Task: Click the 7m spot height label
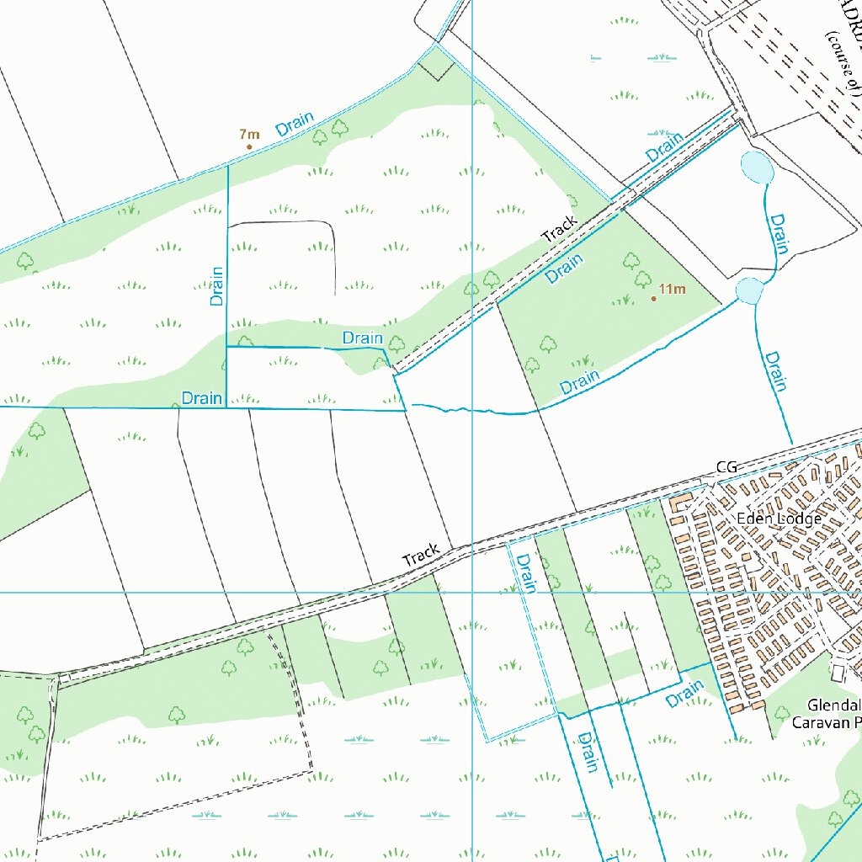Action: point(249,134)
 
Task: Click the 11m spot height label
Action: point(672,290)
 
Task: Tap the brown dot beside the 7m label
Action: point(249,147)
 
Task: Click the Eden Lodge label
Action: point(778,519)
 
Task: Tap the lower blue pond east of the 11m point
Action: point(749,290)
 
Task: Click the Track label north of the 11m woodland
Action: point(560,229)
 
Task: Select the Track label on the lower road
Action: point(421,555)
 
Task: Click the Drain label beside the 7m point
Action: point(295,124)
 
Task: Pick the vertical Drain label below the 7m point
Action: point(217,285)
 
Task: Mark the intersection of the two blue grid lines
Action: point(472,593)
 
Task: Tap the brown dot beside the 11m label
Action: point(653,298)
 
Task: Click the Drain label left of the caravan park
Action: point(684,694)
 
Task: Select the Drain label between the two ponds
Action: point(779,234)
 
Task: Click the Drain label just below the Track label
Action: point(564,269)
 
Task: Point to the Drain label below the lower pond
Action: point(774,371)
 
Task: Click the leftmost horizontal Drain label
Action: point(202,398)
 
